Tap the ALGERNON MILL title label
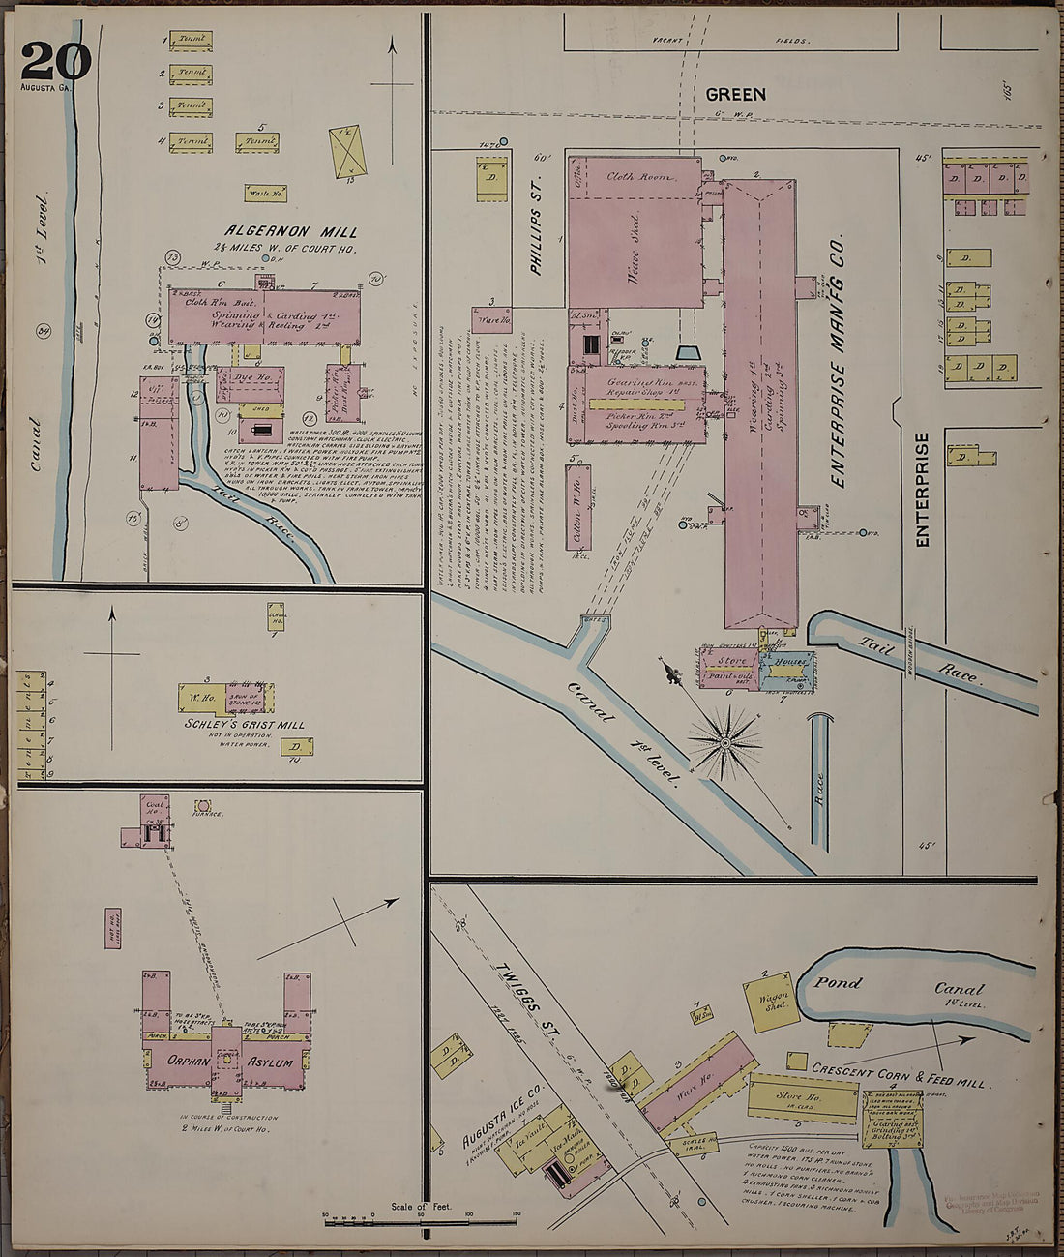[x=290, y=232]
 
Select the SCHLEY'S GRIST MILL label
[x=246, y=724]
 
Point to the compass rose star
[x=724, y=742]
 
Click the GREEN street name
[x=735, y=94]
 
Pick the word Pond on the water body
[x=837, y=983]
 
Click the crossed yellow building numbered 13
[x=347, y=151]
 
